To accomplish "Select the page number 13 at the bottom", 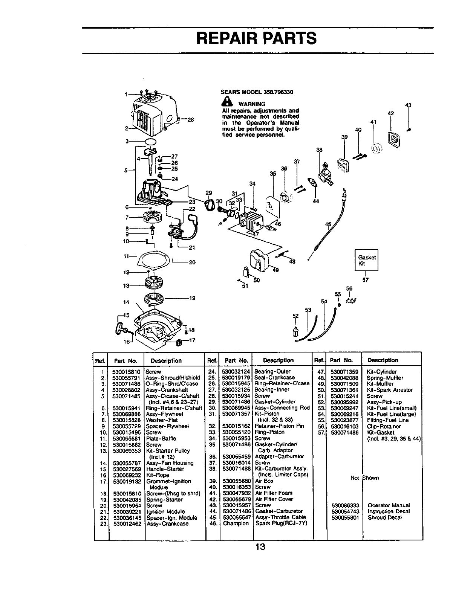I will point(260,547).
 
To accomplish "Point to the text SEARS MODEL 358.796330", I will point(257,92).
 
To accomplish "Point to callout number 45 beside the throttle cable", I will point(328,225).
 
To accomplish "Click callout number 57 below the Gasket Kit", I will point(365,280).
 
